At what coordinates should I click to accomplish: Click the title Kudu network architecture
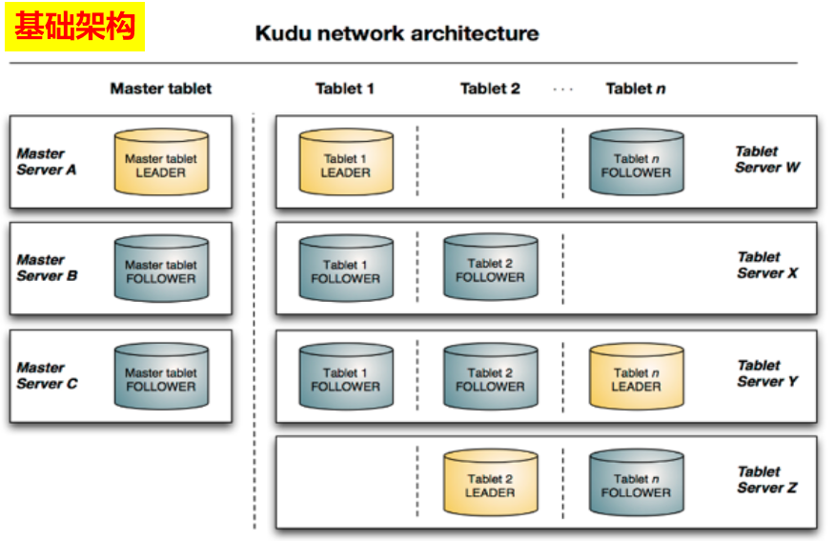397,33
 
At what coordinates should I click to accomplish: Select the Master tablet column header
160,89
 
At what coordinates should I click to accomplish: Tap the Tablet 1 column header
344,89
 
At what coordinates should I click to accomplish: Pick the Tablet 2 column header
490,89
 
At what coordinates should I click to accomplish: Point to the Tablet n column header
635,89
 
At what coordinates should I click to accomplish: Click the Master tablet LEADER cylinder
160,165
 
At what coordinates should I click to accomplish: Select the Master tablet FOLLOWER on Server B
160,270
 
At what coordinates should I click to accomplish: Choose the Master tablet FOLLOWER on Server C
160,378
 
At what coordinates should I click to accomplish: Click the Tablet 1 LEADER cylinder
345,165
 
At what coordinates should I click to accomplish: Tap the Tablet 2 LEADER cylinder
490,485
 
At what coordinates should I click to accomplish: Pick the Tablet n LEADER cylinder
636,378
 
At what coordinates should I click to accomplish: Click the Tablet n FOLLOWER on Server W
636,165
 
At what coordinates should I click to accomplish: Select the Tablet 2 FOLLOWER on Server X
490,270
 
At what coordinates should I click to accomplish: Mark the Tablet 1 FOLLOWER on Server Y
345,378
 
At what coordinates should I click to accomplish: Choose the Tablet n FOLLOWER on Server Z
636,485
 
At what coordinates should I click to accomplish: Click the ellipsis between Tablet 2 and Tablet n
563,90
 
